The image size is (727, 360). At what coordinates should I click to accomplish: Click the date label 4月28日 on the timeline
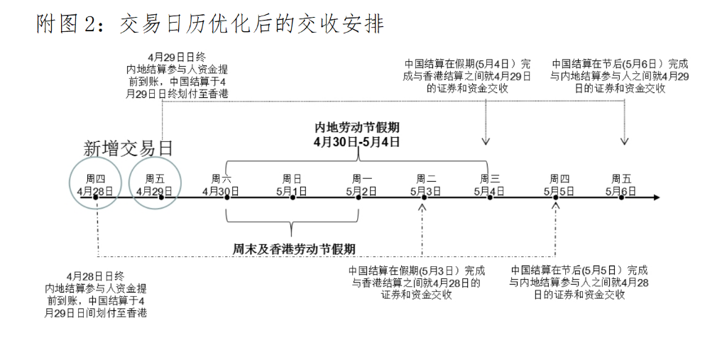coord(96,191)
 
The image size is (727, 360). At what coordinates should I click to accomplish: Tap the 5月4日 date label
coord(489,191)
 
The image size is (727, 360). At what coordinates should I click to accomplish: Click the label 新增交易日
coord(129,148)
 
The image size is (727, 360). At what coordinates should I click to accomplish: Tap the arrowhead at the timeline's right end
coord(656,197)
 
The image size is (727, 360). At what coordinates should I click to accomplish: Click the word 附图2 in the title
coord(64,24)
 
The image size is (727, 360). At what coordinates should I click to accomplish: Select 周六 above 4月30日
coord(221,178)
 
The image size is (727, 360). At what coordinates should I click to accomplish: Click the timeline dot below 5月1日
coord(293,197)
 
